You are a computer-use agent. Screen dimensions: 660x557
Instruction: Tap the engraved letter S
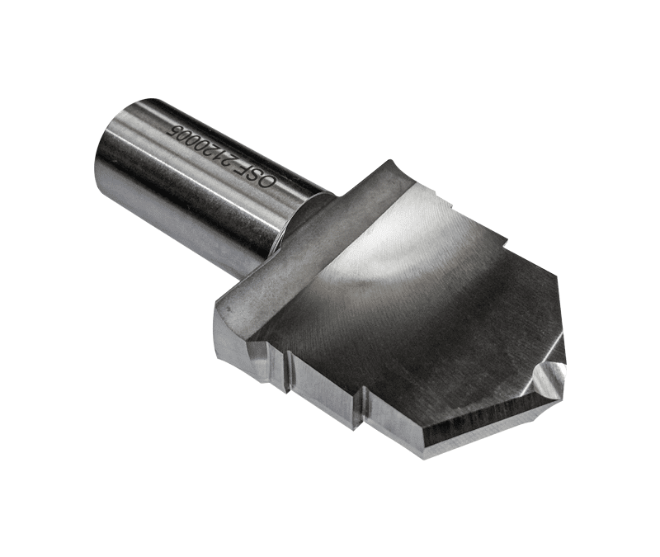(x=271, y=182)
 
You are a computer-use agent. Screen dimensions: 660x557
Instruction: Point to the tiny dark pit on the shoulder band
(x=228, y=310)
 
